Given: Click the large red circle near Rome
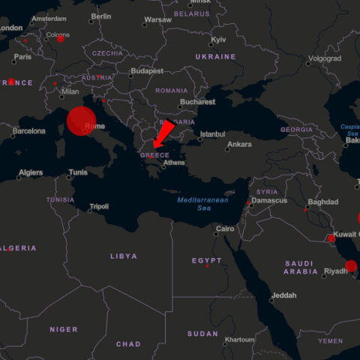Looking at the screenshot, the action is (x=82, y=121).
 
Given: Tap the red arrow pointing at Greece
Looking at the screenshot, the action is (x=163, y=133).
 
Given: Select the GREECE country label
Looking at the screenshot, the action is (x=154, y=155).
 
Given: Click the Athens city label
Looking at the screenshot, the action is (x=174, y=163).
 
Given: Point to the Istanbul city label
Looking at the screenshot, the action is (x=212, y=134).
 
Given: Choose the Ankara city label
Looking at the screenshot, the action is (x=239, y=144).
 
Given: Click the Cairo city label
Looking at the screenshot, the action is (x=225, y=229).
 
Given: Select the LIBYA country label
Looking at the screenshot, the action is (x=124, y=256).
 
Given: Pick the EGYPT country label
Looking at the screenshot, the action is (x=206, y=260).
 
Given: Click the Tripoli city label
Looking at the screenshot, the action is (x=99, y=206).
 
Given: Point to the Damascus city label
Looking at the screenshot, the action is (x=270, y=200).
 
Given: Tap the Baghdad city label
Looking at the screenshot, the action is (x=323, y=202).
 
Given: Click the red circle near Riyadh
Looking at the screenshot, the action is (x=351, y=265).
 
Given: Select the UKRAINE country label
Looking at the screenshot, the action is (x=215, y=56).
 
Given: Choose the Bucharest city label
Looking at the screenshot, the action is (x=196, y=102).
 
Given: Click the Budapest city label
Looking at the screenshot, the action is (x=146, y=71).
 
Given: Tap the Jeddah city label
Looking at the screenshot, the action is (x=284, y=295).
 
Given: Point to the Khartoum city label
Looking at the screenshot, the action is (x=240, y=340).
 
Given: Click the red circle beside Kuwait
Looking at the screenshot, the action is (x=331, y=238).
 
